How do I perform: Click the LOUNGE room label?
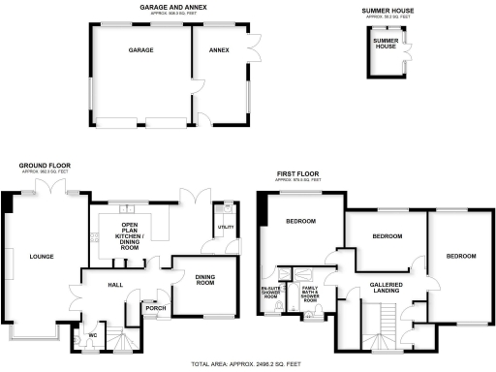pos(41,256)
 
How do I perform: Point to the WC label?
pos(92,336)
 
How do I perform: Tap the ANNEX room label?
pos(218,51)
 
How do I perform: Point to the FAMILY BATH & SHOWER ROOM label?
pos(310,294)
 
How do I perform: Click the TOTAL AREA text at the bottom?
pos(248,365)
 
